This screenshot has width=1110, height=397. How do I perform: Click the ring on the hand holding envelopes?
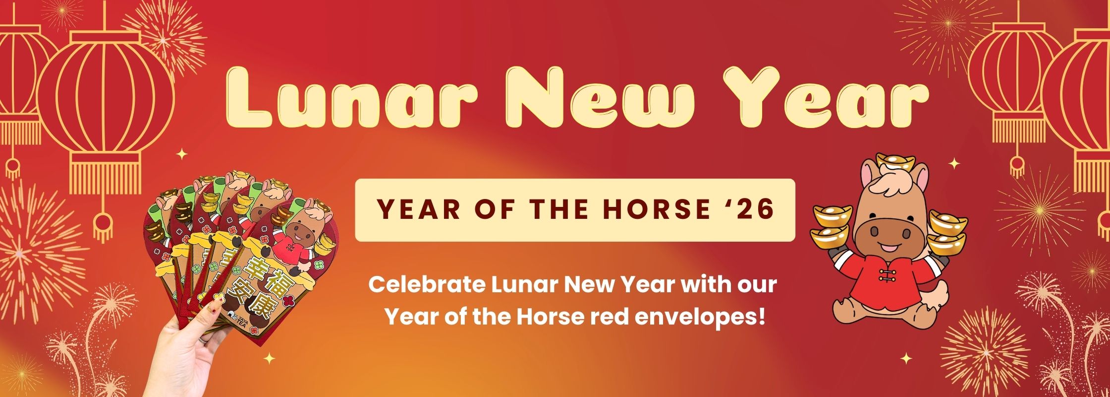click(202, 340)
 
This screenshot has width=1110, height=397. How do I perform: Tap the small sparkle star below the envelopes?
click(270, 357)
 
